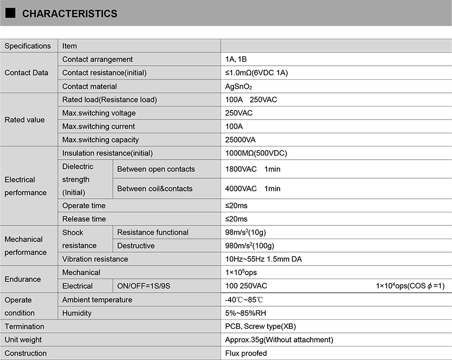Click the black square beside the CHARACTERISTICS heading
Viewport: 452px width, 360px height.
pos(11,13)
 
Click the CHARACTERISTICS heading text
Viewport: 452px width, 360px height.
pos(69,14)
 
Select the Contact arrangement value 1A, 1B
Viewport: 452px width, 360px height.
pos(236,59)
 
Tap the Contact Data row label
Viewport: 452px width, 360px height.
pos(27,73)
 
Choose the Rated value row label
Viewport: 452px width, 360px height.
pos(25,119)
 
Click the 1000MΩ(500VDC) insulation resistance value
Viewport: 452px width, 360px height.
pos(256,153)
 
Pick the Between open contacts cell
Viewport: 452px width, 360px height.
pos(156,169)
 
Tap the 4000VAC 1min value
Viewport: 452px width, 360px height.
pos(253,189)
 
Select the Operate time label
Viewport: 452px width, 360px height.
pos(84,205)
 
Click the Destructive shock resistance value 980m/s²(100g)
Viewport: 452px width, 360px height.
pos(250,246)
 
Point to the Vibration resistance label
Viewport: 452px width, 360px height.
pos(95,259)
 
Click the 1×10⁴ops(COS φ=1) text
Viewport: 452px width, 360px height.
pos(410,286)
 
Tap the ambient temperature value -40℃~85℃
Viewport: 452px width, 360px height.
pos(244,300)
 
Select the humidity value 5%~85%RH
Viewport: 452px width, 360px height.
pos(246,313)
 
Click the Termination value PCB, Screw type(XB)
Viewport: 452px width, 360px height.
pos(260,326)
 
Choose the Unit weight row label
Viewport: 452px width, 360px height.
pos(23,340)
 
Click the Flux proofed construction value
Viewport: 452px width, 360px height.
pos(246,353)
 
